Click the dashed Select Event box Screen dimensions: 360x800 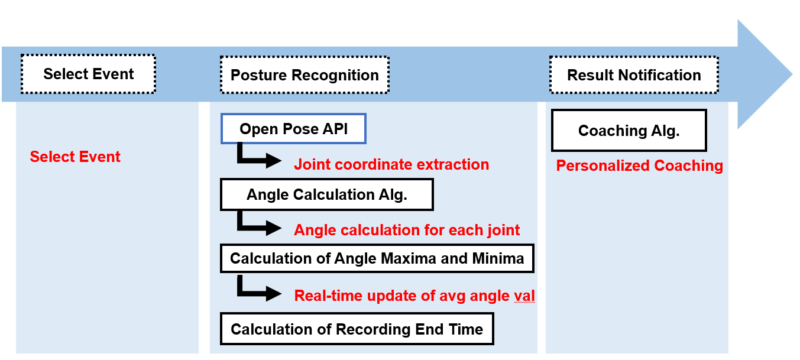(88, 74)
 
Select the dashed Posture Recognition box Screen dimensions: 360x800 (305, 75)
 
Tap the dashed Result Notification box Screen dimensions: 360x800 (634, 75)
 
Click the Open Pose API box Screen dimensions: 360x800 (293, 129)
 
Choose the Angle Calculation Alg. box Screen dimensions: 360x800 (326, 195)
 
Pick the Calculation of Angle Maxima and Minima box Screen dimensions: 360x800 (377, 259)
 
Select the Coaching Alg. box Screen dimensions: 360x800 (629, 131)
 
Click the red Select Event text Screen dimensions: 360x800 (75, 157)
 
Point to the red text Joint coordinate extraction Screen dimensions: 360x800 (391, 164)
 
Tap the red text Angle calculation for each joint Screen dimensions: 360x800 (407, 230)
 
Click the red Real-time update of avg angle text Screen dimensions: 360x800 (414, 295)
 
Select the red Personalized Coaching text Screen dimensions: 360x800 (639, 166)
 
